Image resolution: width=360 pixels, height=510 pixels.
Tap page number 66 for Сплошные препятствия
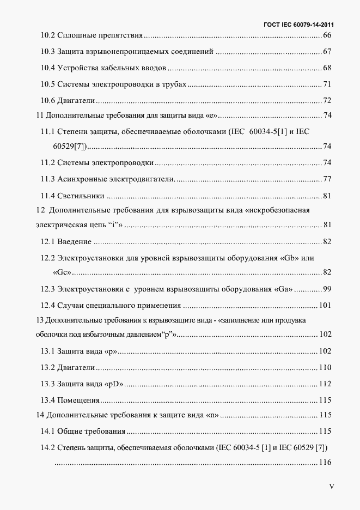pyautogui.click(x=327, y=36)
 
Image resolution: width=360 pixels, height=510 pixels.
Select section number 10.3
pyautogui.click(x=47, y=52)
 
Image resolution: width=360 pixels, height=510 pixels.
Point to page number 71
pyautogui.click(x=327, y=84)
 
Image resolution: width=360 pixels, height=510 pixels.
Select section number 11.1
pyautogui.click(x=47, y=131)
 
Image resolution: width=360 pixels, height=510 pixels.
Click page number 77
pyautogui.click(x=327, y=179)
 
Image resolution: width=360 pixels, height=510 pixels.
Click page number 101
pyautogui.click(x=325, y=305)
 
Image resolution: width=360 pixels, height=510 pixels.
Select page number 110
pyautogui.click(x=325, y=367)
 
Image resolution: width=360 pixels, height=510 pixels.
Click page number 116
pyautogui.click(x=325, y=463)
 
